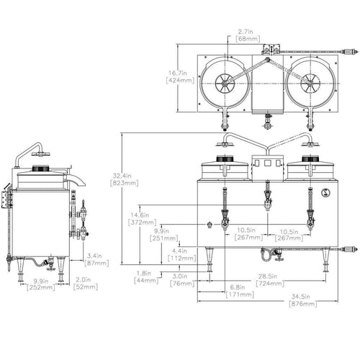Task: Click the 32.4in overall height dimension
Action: [x=124, y=179]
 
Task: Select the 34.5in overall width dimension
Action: [x=303, y=300]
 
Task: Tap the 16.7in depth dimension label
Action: [x=180, y=76]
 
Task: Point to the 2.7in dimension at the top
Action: [x=248, y=35]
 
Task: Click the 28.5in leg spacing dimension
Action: [x=270, y=280]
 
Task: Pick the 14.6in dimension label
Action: [x=143, y=218]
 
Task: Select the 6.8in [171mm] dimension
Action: [x=240, y=291]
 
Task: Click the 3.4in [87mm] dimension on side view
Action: [x=96, y=260]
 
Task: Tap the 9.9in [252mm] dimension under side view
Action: [x=40, y=284]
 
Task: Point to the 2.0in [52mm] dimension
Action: [x=86, y=283]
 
